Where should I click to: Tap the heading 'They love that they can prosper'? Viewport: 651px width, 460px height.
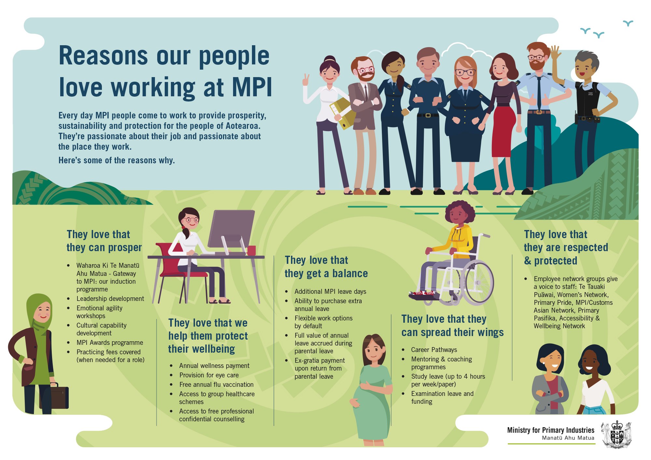coord(104,241)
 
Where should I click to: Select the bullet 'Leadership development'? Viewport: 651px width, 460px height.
coord(110,299)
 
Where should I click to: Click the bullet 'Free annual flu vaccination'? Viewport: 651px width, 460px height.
coord(216,385)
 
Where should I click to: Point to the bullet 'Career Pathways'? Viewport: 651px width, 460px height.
coord(434,350)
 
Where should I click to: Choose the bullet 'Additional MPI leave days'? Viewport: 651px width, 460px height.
coord(330,291)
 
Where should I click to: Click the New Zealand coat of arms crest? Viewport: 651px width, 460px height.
coord(616,435)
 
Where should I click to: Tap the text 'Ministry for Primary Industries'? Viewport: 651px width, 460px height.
coord(551,430)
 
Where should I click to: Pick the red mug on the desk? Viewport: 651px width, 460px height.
coord(251,250)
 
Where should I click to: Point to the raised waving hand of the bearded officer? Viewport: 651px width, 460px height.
coord(555,52)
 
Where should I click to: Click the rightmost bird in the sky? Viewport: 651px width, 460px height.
coord(628,23)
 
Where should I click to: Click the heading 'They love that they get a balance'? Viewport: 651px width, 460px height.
coord(326,267)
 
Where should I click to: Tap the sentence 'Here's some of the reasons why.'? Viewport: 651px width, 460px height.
coord(117,160)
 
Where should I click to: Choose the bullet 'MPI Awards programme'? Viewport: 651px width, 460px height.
coord(110,343)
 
